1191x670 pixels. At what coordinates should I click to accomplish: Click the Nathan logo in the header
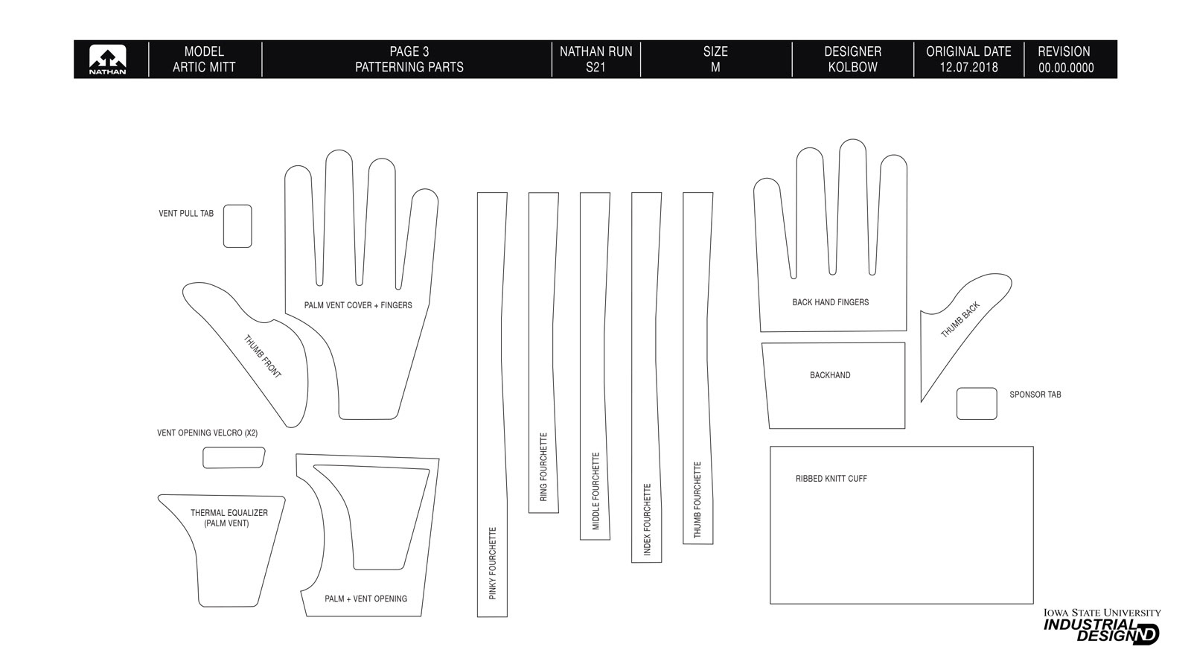click(x=107, y=60)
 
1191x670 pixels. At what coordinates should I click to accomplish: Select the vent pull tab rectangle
click(x=237, y=226)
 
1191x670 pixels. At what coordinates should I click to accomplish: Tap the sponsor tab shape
click(x=976, y=403)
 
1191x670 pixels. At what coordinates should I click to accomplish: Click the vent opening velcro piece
click(x=234, y=458)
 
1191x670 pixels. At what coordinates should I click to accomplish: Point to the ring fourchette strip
click(x=543, y=350)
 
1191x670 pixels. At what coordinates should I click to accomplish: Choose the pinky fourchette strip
click(x=492, y=402)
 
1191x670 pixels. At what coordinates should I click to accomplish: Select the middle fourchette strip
click(x=595, y=365)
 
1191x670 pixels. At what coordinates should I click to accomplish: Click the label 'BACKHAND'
click(x=830, y=375)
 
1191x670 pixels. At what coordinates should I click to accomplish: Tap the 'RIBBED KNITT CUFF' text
click(x=831, y=479)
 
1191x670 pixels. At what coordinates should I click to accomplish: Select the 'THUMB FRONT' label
click(x=263, y=357)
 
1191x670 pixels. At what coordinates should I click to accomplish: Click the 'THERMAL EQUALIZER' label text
click(x=229, y=513)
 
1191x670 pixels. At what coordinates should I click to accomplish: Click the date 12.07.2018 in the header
click(x=968, y=67)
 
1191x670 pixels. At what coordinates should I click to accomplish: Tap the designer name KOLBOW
click(x=852, y=67)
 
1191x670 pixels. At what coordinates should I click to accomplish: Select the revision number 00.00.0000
click(x=1066, y=68)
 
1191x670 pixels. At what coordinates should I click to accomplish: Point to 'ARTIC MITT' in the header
click(x=204, y=67)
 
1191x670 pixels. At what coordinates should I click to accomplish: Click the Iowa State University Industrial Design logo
click(x=1102, y=626)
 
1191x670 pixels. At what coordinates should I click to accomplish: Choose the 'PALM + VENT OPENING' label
click(x=365, y=599)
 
